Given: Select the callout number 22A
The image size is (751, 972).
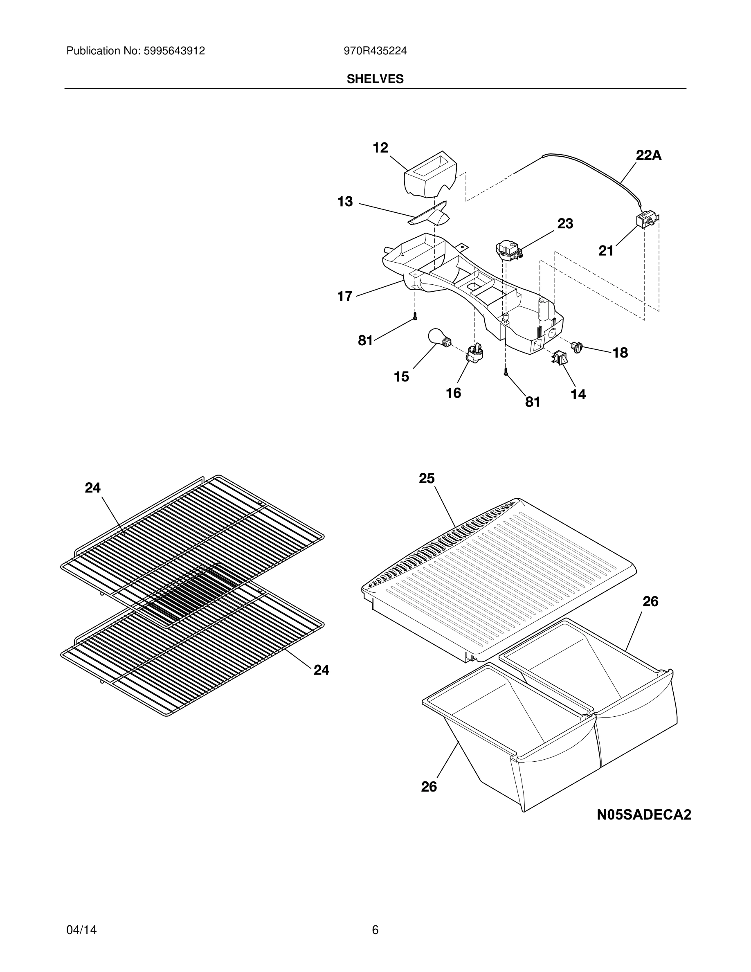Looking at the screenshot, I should click(x=648, y=155).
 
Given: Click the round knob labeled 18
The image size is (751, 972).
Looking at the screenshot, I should click(x=578, y=347).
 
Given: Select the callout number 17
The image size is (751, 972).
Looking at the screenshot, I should click(x=345, y=296).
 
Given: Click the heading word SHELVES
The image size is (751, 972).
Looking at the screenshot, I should click(x=375, y=79).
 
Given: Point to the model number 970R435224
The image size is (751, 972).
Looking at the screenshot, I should click(x=375, y=51).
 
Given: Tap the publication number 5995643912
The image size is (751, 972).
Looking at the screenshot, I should click(x=173, y=51).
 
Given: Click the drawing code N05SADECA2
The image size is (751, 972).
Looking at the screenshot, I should click(x=644, y=815).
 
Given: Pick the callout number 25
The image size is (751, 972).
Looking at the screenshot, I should click(x=427, y=479).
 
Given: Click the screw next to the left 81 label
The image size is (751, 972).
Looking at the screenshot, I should click(x=415, y=317).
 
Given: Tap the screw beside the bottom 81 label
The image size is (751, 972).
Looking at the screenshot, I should click(x=506, y=373).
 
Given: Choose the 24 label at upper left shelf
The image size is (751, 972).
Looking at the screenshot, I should click(x=92, y=488).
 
